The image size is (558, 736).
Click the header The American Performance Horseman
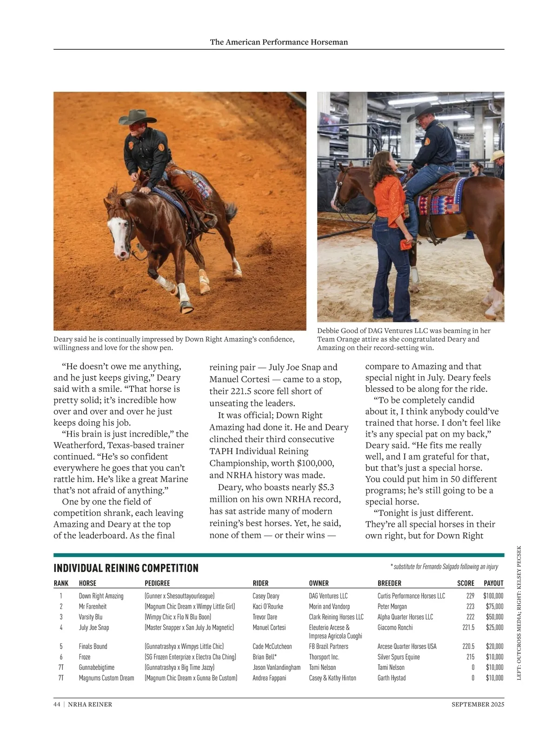(x=279, y=42)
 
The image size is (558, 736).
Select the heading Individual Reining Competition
(x=126, y=568)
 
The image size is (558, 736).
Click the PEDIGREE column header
(x=157, y=583)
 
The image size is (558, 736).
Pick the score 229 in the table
(x=470, y=596)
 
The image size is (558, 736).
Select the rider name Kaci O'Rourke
(x=268, y=607)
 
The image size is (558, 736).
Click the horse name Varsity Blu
(x=91, y=617)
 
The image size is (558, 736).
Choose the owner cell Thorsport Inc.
(x=324, y=657)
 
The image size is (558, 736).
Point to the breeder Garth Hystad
(x=392, y=678)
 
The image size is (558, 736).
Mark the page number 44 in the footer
(x=57, y=704)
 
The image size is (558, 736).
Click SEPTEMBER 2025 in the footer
(x=478, y=704)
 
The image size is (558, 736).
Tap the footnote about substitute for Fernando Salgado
(x=444, y=567)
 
